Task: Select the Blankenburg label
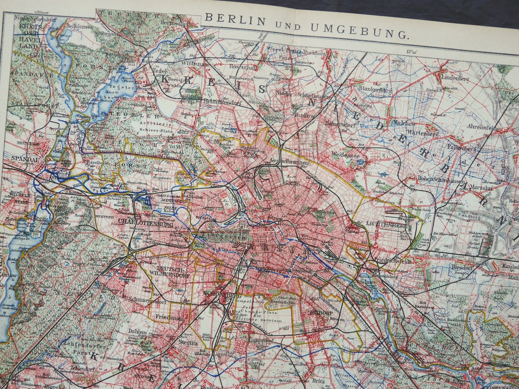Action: click(x=375, y=89)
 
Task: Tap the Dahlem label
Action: click(x=137, y=331)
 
